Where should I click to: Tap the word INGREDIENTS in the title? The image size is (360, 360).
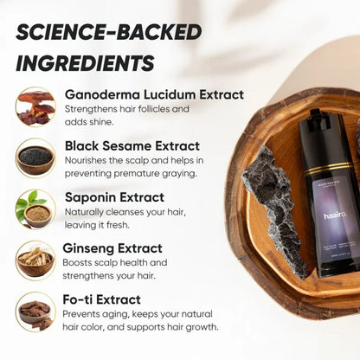[x=84, y=62]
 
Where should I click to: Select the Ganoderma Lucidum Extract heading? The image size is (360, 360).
[x=154, y=94]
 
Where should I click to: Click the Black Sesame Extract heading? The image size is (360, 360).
[x=132, y=145]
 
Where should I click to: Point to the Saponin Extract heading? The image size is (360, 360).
[x=114, y=196]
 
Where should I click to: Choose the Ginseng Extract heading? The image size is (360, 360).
[x=113, y=247]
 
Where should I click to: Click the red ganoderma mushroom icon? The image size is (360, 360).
[x=35, y=106]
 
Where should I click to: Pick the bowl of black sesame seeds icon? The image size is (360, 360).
[x=35, y=157]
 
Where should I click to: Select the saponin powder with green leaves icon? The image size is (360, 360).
[x=35, y=208]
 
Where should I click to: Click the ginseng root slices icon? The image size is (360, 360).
[x=35, y=259]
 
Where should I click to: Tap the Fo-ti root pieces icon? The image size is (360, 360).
[x=35, y=311]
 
